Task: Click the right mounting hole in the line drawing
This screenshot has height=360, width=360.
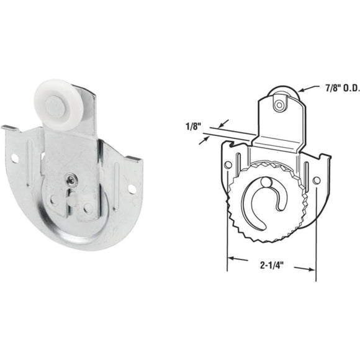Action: [317, 181]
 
